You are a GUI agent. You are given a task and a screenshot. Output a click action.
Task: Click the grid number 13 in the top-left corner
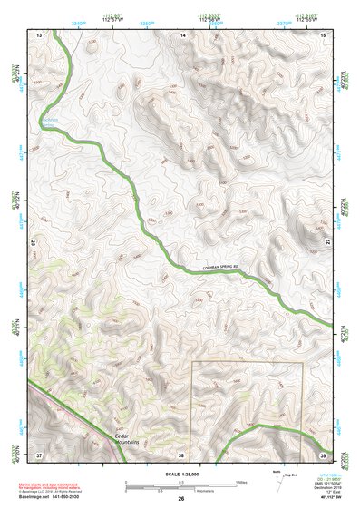coord(39,34)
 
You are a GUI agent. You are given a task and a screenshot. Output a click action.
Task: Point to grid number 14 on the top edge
coord(182,34)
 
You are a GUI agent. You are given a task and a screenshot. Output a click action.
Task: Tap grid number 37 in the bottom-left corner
coord(39,454)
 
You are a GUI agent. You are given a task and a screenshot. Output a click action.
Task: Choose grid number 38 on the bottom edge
coord(180,454)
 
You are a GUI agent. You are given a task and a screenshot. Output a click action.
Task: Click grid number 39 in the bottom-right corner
coord(323,454)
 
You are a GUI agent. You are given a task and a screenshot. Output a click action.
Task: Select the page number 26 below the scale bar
coord(181,499)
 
